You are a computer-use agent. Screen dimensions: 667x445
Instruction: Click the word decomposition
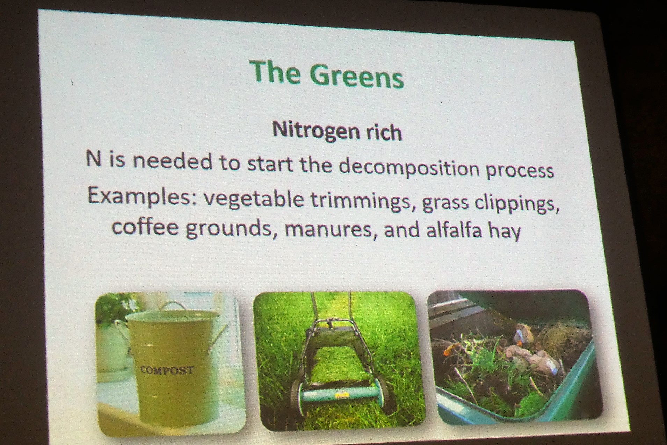[409, 168]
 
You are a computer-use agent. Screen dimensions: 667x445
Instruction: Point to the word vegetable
[254, 199]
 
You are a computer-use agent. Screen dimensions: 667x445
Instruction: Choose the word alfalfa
[454, 230]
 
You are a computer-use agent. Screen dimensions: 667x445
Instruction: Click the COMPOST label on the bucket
[167, 370]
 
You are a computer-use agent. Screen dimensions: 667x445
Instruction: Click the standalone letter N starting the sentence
[93, 159]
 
